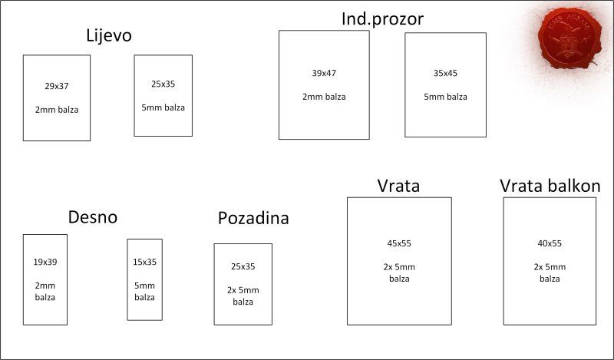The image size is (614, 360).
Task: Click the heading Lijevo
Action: [x=109, y=36]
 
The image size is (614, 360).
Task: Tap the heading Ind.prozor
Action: [x=382, y=19]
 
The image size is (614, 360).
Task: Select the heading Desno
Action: [x=93, y=217]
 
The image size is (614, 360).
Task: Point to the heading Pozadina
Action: [x=253, y=218]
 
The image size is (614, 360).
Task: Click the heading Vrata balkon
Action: [x=550, y=186]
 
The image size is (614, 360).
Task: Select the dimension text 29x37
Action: [x=57, y=86]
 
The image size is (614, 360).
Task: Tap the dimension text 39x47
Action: [x=324, y=73]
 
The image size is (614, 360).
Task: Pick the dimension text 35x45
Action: [x=445, y=73]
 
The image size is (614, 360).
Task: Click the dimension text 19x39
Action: [x=45, y=262]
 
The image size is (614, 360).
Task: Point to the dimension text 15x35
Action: [x=144, y=262]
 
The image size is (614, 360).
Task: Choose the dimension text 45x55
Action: [x=399, y=243]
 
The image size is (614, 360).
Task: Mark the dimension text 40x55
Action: [x=550, y=243]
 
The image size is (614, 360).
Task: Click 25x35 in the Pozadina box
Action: [x=243, y=267]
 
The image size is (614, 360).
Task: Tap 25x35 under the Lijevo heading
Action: [x=163, y=84]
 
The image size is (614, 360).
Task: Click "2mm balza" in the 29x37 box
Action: [x=57, y=110]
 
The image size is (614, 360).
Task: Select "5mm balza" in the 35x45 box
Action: [x=445, y=97]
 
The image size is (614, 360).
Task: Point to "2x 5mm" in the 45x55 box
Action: [x=399, y=267]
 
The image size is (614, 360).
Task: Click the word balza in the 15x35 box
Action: [x=144, y=297]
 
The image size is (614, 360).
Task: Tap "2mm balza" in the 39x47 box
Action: [x=324, y=97]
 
